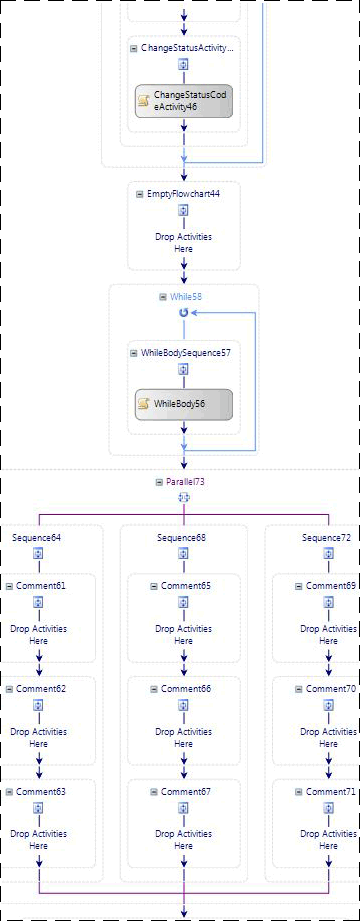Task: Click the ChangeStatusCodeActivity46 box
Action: tap(184, 100)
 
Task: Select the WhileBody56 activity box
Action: tap(184, 404)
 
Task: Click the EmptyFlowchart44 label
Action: tap(183, 193)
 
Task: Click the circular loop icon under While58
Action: tap(183, 313)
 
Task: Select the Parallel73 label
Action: tap(187, 481)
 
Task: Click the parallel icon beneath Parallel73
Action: tap(183, 497)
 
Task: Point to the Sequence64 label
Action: tap(37, 538)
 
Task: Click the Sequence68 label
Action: tap(182, 538)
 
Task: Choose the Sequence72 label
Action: tap(327, 538)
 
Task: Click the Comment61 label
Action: tap(41, 585)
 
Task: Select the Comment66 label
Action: tap(186, 688)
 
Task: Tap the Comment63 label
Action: tap(41, 791)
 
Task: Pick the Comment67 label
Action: tap(186, 791)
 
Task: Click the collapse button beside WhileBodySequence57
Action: tap(135, 353)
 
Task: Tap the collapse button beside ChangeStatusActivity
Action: tap(135, 47)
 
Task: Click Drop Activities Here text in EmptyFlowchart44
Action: tap(183, 243)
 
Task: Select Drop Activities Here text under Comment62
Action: tap(38, 738)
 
